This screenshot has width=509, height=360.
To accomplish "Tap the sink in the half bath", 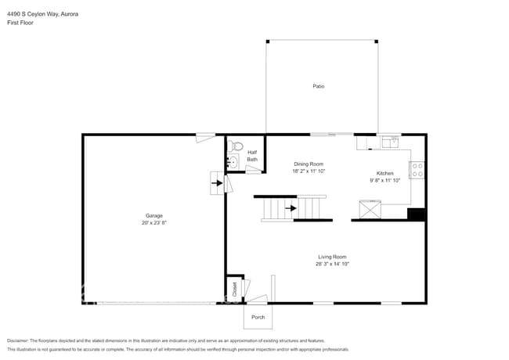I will [x=233, y=162].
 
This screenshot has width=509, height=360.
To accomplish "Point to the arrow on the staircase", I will [x=292, y=208].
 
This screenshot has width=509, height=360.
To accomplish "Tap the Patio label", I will [x=318, y=86].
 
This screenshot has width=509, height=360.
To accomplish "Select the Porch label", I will [x=258, y=317].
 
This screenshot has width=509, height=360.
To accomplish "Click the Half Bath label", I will [x=252, y=156].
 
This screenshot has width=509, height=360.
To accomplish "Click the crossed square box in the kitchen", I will [x=369, y=210].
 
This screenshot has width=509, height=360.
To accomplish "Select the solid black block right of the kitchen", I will [x=417, y=214].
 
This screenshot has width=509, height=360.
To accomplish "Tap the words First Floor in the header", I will [x=20, y=23].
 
